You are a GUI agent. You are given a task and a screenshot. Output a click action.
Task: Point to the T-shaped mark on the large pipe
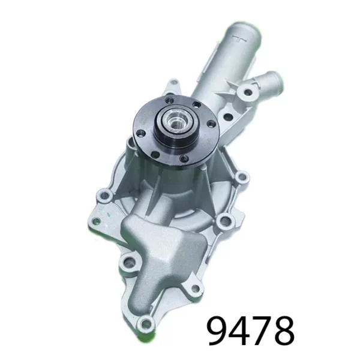coord(241,40)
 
